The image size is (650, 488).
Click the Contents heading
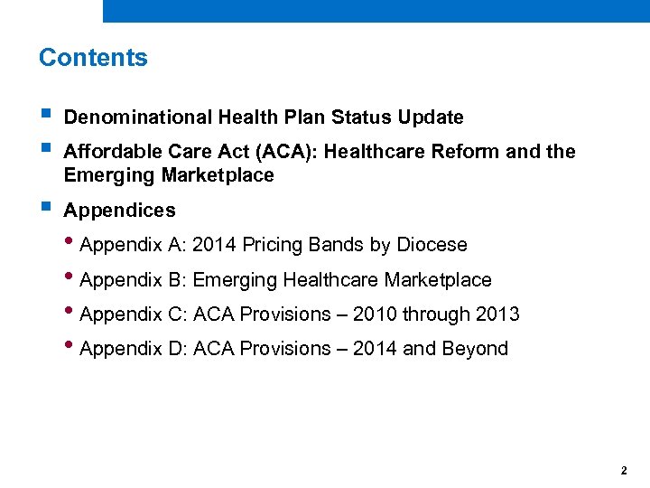pyautogui.click(x=93, y=58)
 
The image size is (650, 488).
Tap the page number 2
pyautogui.click(x=624, y=471)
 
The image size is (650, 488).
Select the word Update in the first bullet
pyautogui.click(x=429, y=117)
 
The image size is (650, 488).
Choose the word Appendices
pyautogui.click(x=119, y=211)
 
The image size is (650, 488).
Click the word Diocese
pyautogui.click(x=432, y=245)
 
